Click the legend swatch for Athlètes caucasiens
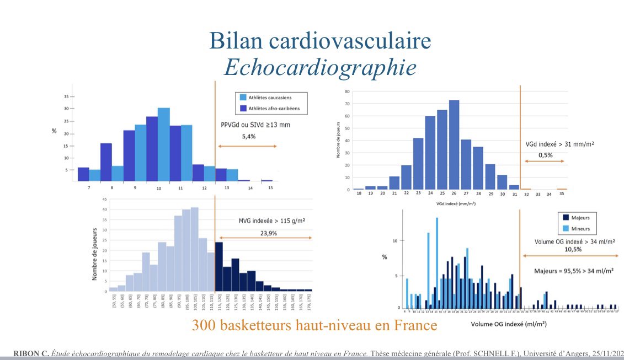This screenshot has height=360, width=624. click(x=243, y=97)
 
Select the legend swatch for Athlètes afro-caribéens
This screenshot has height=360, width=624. click(x=243, y=108)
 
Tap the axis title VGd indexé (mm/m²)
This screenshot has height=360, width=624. click(x=455, y=203)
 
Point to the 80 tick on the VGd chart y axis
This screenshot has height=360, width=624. click(x=346, y=91)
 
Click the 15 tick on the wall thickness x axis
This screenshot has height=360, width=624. click(x=270, y=188)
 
